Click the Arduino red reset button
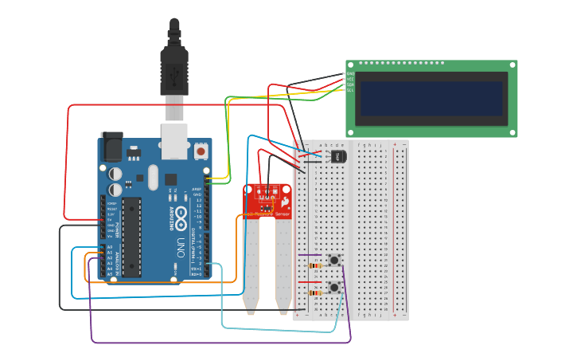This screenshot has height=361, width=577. tap(201, 151)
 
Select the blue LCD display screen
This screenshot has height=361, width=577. tap(431, 98)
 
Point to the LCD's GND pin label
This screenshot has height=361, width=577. tap(350, 73)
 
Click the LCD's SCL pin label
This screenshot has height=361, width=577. tap(350, 90)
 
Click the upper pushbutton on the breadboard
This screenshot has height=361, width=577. tap(335, 261)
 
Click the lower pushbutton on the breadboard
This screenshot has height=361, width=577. tap(335, 287)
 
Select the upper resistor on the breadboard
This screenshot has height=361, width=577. tap(315, 265)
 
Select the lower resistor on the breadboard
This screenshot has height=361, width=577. tap(315, 292)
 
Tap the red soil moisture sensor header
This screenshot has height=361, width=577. tap(267, 199)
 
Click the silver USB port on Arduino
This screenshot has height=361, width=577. tap(174, 140)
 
